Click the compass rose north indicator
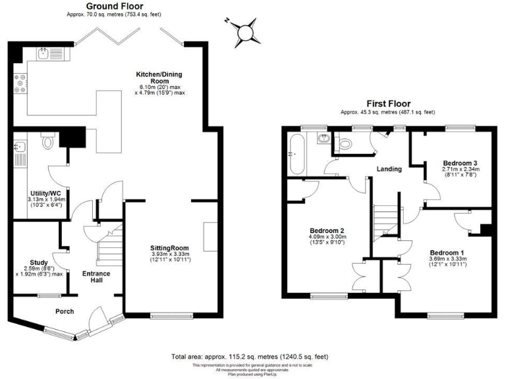[245, 30]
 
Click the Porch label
[64, 311]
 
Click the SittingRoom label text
[171, 248]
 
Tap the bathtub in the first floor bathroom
[295, 153]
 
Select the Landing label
[389, 169]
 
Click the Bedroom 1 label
[447, 252]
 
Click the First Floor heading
[388, 104]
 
